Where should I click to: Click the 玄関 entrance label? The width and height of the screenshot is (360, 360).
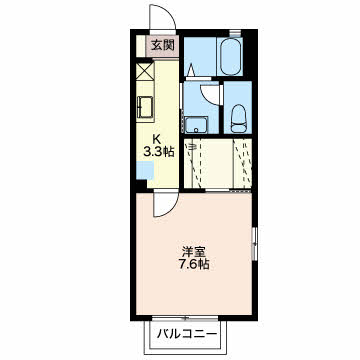163,44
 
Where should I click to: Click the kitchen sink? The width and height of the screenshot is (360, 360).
145,107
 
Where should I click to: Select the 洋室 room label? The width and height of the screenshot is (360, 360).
194,251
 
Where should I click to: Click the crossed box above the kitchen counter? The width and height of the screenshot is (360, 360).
144,72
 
